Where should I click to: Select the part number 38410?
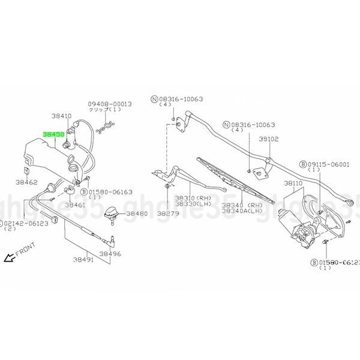[x=61, y=116]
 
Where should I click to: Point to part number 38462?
[x=26, y=181]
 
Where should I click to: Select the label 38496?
[x=110, y=253]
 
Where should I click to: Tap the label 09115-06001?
[x=331, y=164]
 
